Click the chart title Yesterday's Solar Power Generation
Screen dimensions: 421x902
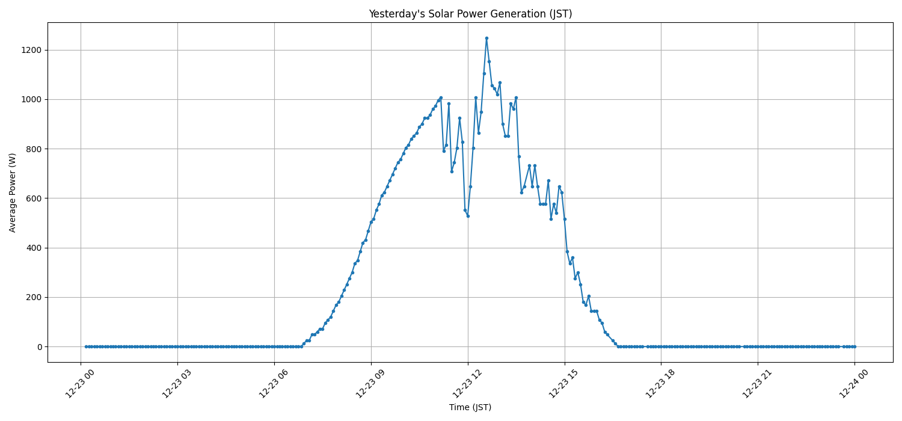coord(470,14)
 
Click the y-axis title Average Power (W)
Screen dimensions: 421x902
coord(13,192)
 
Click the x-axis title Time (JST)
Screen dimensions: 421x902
coord(470,407)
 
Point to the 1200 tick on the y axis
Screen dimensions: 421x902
coord(31,50)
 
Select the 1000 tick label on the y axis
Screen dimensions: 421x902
coord(31,99)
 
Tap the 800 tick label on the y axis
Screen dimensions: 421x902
coord(33,149)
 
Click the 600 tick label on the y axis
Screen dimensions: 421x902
coord(33,198)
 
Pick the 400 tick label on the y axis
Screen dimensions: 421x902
coord(33,248)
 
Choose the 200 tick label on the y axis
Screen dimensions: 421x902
coord(33,297)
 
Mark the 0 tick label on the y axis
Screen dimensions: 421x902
coord(38,347)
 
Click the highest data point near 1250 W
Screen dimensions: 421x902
coord(486,38)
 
